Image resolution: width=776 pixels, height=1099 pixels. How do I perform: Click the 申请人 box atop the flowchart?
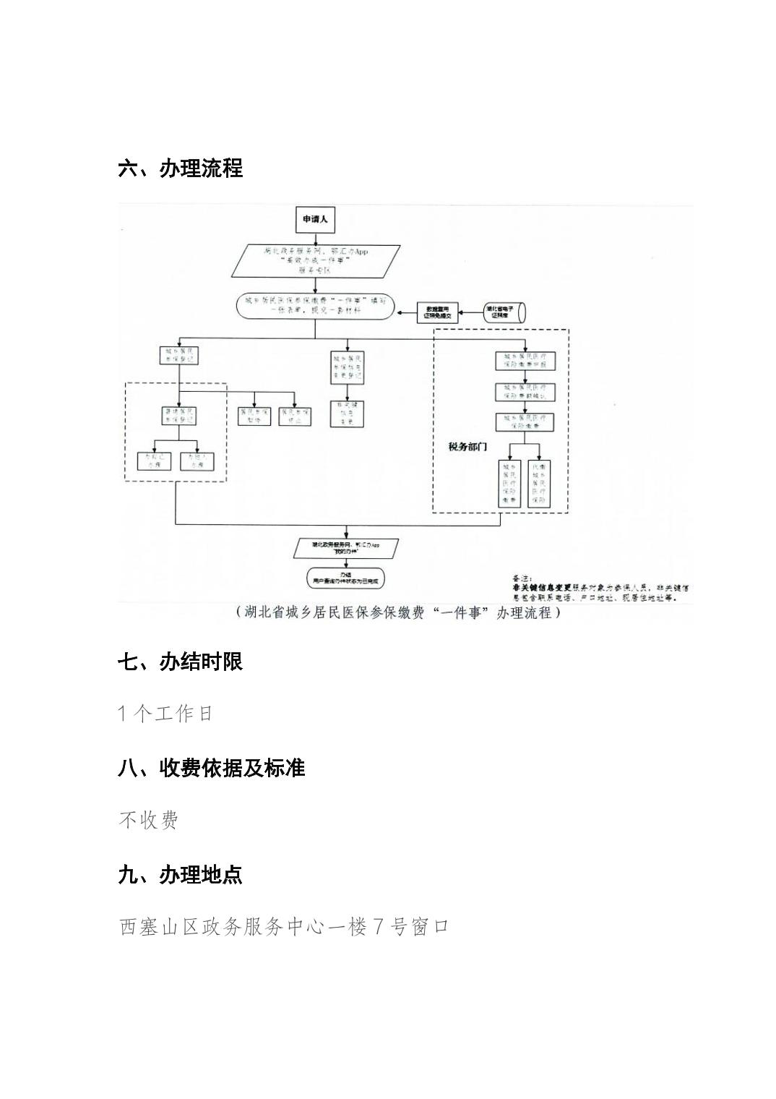(x=315, y=219)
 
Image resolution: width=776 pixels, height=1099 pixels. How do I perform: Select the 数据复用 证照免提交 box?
(x=438, y=312)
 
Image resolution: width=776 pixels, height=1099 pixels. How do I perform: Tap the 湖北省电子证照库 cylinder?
(x=504, y=312)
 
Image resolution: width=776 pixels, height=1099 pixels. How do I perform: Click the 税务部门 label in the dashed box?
(x=467, y=447)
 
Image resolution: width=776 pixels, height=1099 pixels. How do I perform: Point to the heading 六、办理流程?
(x=181, y=168)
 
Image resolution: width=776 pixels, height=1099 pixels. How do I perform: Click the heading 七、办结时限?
(x=181, y=662)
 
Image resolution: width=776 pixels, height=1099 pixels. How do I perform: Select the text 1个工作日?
(x=166, y=714)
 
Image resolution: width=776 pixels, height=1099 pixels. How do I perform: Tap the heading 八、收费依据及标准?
(x=212, y=768)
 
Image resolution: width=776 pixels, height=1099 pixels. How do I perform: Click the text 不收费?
(x=149, y=820)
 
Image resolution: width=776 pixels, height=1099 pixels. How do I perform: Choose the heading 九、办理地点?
(x=181, y=875)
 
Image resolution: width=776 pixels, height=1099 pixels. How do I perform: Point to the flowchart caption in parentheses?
(x=397, y=613)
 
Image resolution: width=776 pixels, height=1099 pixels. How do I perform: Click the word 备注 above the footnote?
(x=521, y=578)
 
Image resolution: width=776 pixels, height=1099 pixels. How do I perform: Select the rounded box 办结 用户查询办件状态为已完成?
(x=346, y=577)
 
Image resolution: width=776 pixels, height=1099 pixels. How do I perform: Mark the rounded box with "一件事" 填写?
(x=316, y=306)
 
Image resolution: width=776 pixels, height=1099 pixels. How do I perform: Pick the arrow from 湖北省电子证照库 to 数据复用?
(x=470, y=312)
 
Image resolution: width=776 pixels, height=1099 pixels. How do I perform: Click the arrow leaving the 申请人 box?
(x=316, y=238)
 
